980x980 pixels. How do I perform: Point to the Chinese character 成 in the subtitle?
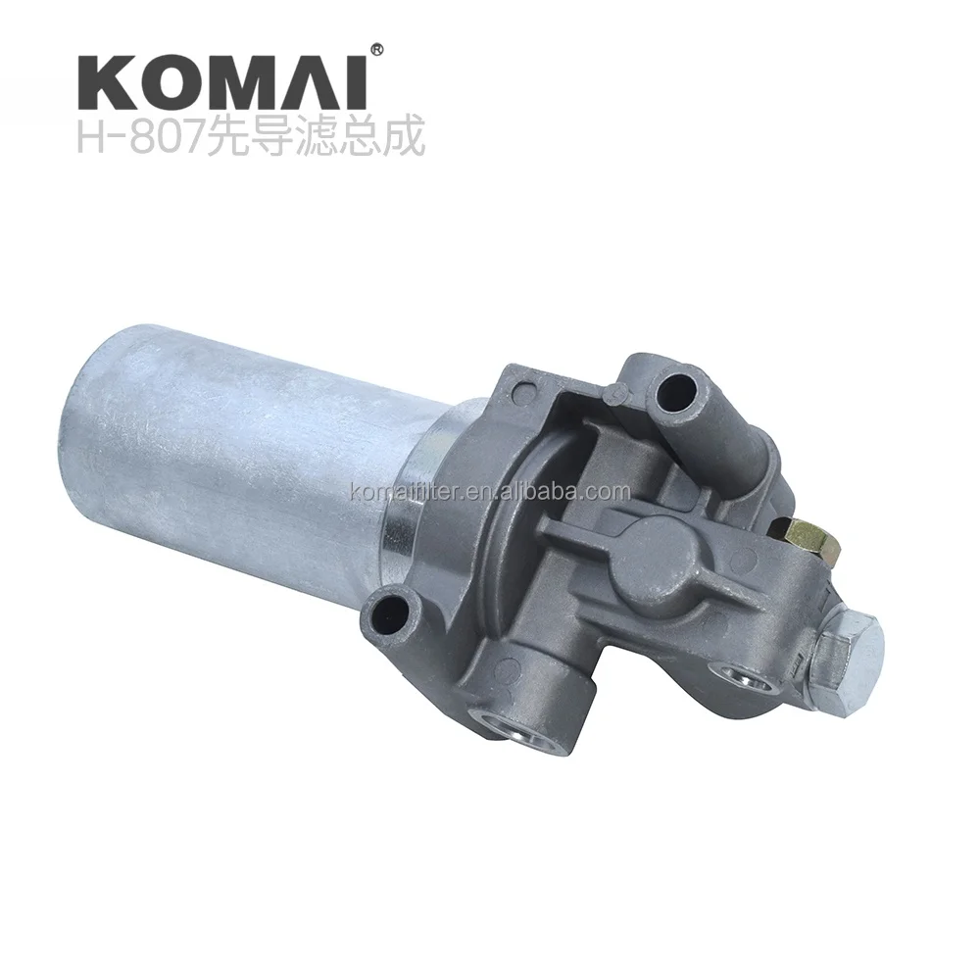coord(404,138)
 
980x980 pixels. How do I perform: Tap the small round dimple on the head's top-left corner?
coord(614,393)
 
